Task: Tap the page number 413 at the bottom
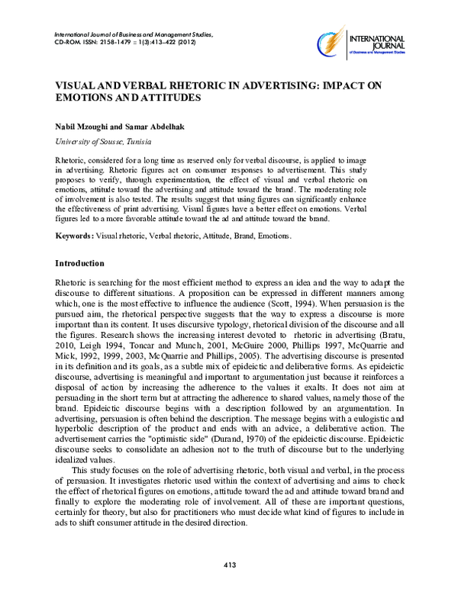pyautogui.click(x=229, y=565)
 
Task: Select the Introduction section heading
pyautogui.click(x=79, y=263)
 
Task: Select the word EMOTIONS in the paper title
pyautogui.click(x=81, y=98)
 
